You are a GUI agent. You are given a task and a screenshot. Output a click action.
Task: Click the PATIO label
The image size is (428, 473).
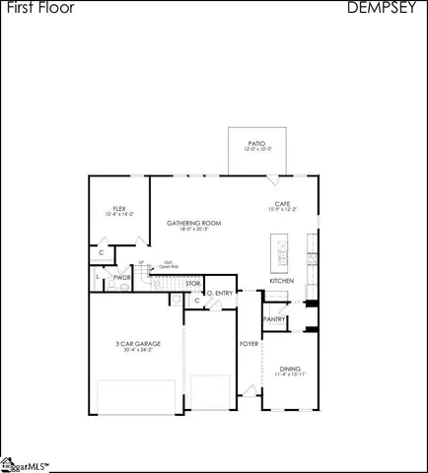[256, 143]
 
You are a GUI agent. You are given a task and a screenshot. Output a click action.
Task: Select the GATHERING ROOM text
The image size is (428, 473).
[193, 223]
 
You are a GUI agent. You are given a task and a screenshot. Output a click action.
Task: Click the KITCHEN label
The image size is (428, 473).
[282, 281]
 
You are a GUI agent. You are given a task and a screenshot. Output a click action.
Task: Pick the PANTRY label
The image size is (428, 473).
[275, 318]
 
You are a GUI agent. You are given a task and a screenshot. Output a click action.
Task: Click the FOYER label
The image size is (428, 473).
[249, 344]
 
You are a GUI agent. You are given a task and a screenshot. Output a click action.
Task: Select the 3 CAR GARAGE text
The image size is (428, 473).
[137, 343]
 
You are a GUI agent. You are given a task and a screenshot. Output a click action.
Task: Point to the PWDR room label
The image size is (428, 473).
[122, 278]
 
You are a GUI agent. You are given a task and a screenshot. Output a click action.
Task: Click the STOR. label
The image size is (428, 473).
[193, 284]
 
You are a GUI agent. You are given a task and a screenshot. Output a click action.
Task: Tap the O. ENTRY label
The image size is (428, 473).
[219, 293]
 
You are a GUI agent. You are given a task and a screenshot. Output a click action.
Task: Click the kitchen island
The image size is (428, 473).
[282, 253]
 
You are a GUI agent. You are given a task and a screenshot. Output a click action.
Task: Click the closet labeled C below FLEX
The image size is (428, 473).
[102, 253]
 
